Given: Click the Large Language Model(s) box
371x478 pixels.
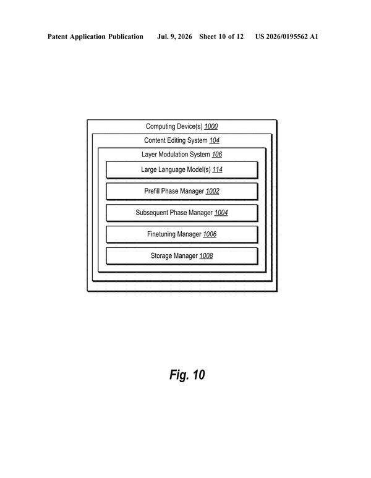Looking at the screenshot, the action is (x=182, y=170).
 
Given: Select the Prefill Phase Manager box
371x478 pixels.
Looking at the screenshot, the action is (x=182, y=192).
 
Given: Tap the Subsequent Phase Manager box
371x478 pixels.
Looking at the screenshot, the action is (x=182, y=213).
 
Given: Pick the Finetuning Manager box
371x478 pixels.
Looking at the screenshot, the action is (x=182, y=234).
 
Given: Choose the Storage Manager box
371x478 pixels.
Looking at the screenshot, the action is (x=182, y=256).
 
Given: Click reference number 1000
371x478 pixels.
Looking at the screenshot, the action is (x=211, y=126).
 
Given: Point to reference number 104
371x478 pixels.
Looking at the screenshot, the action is (x=215, y=140).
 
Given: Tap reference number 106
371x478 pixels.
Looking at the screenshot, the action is (x=217, y=154).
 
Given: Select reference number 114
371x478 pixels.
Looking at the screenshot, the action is (x=218, y=169).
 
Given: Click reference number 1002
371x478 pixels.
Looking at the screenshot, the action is (x=213, y=191).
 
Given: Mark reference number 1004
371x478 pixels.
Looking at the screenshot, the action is (x=221, y=213).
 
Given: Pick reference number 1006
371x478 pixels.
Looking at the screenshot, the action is (x=210, y=234).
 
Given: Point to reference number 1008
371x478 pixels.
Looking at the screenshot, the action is (x=206, y=255).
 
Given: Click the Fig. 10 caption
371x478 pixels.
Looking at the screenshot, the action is (x=187, y=375).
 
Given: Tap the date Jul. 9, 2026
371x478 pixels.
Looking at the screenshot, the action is (x=174, y=36).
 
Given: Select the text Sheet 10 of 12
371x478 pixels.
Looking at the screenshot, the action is (x=221, y=36).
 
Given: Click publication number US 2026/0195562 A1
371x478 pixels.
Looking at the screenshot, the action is (x=287, y=36).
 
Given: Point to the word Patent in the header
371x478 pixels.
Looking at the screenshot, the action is (x=58, y=36).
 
